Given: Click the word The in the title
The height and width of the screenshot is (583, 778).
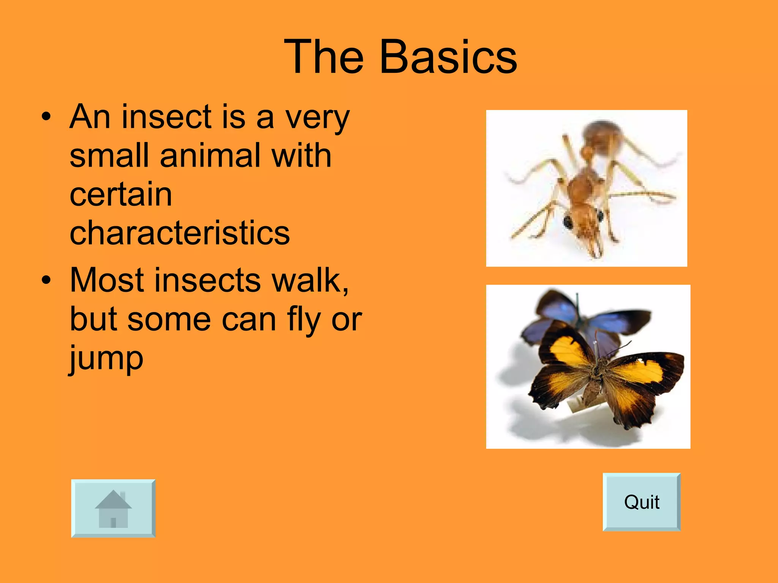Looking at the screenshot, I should [x=324, y=57].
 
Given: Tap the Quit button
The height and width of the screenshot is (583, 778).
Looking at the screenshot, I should [x=641, y=502].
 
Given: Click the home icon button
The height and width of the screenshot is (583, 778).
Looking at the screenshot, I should [x=113, y=508].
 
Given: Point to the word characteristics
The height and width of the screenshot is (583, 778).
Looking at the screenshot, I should [x=180, y=233].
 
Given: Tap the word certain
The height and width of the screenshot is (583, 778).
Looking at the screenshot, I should [x=121, y=194].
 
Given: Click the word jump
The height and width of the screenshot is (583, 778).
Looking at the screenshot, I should [x=106, y=359].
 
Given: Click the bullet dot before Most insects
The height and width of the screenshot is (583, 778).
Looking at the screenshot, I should [x=46, y=280].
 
